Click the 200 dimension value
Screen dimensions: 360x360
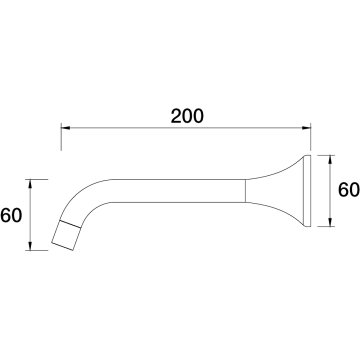187,116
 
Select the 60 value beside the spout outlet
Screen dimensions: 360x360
11,215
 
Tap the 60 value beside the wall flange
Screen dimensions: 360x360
349,190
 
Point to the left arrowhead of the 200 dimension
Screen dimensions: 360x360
66,128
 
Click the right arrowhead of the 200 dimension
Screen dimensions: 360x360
306,128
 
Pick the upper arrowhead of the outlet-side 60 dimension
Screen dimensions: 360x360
30,184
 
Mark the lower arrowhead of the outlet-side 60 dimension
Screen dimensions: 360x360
30,246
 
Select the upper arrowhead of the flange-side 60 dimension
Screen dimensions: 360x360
330,160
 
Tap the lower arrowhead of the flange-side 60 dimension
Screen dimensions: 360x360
330,222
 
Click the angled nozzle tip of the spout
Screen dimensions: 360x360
66,235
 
